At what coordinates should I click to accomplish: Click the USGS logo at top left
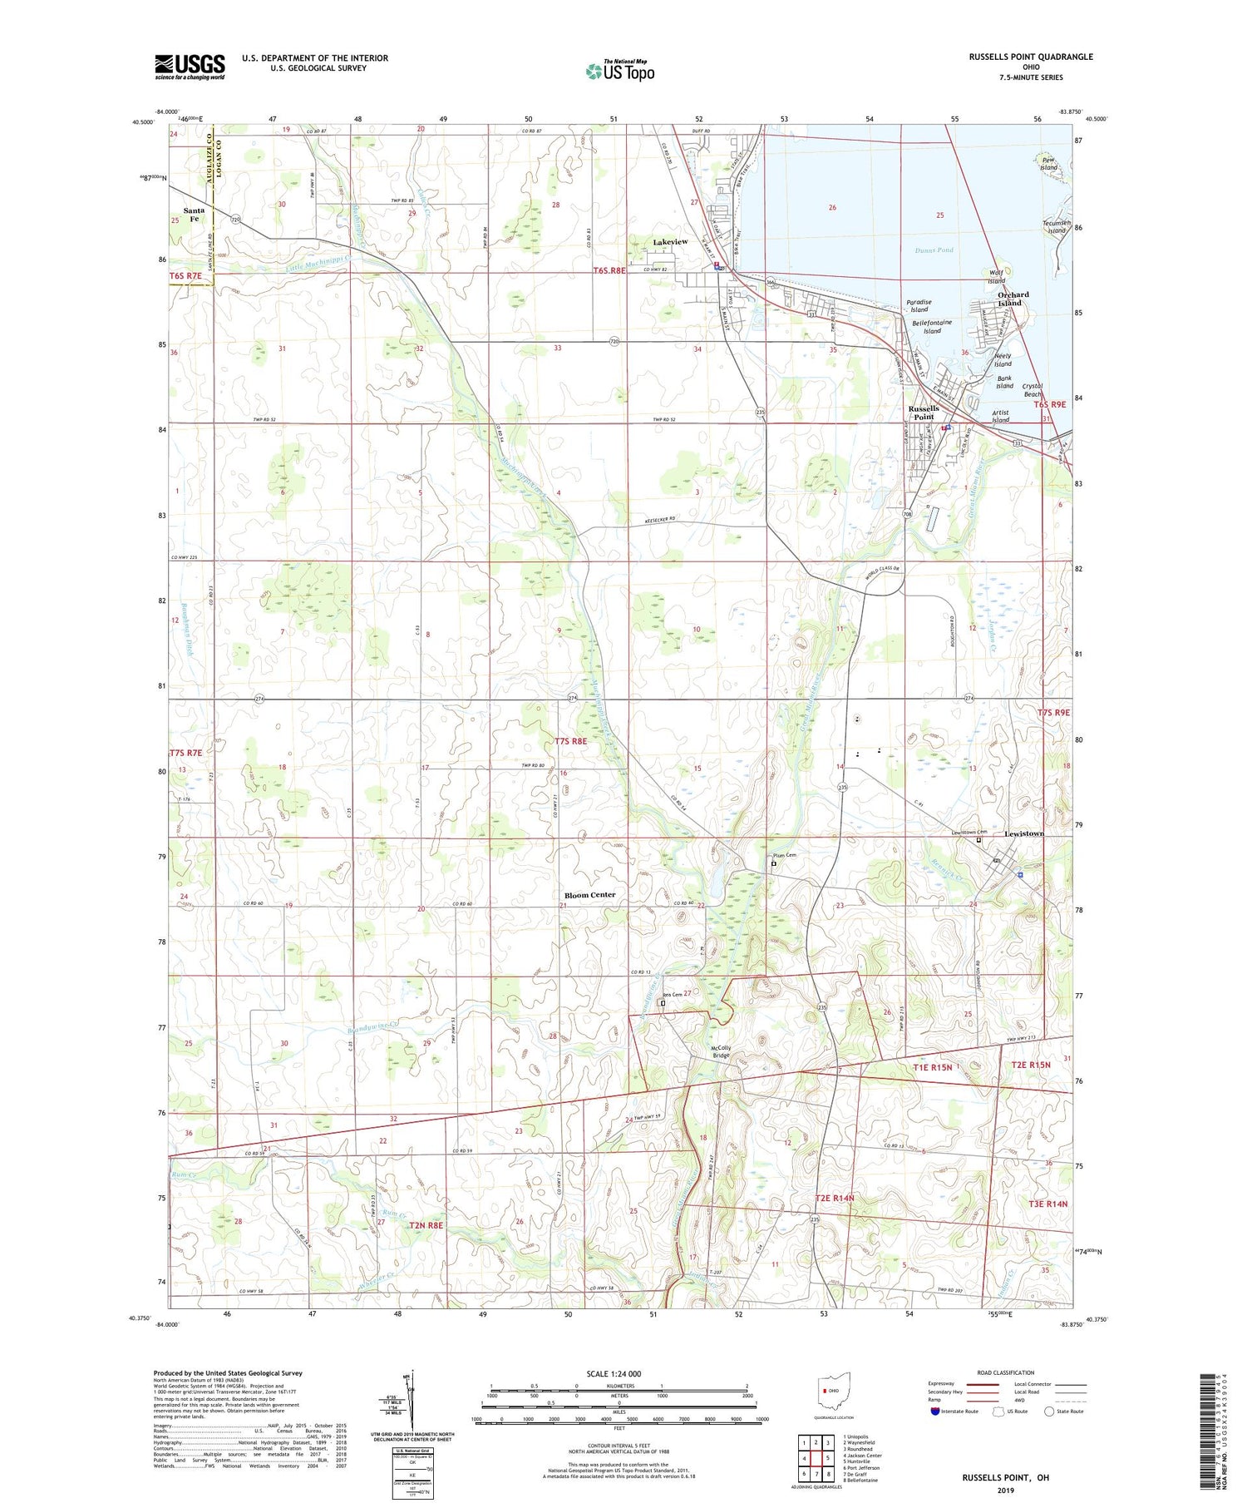[x=190, y=67]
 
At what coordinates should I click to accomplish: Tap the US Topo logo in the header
[x=619, y=72]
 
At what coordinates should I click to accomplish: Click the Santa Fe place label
[x=194, y=215]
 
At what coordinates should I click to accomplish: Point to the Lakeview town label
[x=670, y=242]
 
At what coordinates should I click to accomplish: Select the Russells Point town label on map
[x=924, y=413]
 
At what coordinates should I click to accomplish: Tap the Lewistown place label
[x=1023, y=833]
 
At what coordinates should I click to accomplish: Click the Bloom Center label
[x=590, y=895]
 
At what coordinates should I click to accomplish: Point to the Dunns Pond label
[x=934, y=250]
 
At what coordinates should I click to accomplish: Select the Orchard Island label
[x=1013, y=299]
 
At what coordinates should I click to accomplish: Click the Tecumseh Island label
[x=1054, y=226]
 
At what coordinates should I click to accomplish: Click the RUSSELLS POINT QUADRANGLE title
[x=1030, y=57]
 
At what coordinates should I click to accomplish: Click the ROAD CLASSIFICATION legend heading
[x=1006, y=1373]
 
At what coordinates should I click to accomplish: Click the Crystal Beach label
[x=1033, y=390]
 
